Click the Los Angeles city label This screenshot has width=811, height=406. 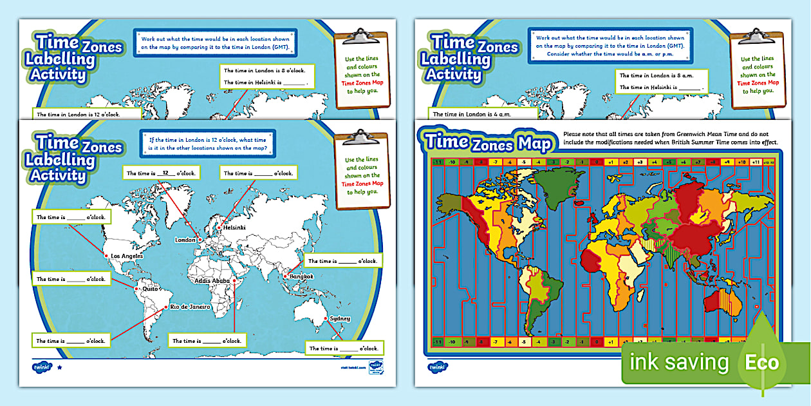[127, 256]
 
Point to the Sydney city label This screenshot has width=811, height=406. [339, 318]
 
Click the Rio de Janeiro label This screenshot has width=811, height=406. [191, 307]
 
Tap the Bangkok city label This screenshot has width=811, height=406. [301, 276]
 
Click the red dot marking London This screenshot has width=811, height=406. [200, 240]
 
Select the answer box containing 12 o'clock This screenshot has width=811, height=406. [161, 173]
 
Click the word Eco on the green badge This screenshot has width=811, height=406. [762, 363]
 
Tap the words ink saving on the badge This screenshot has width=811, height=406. [680, 363]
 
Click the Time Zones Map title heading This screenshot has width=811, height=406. [487, 141]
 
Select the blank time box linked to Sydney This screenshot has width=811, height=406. [344, 348]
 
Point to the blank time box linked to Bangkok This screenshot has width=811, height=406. [342, 261]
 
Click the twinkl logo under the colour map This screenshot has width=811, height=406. [437, 366]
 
